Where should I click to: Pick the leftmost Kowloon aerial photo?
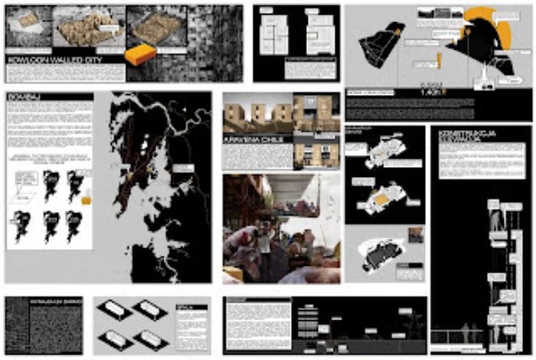26,29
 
